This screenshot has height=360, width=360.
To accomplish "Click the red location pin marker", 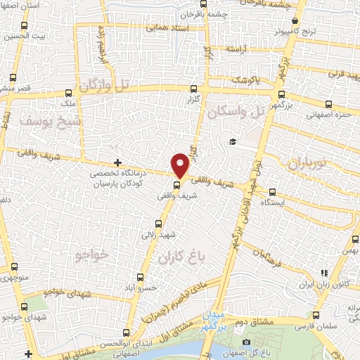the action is pos(181,165).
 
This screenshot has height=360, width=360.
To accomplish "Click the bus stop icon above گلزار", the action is pos(194,89).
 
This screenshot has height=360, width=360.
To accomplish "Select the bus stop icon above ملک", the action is pos(68,91).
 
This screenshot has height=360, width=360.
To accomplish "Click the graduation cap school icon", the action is pos(231,142).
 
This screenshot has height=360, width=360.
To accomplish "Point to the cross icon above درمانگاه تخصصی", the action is pos(117,162).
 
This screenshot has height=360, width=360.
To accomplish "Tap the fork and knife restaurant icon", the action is pos(324,273).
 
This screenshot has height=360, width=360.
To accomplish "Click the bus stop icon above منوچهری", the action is pos(14,266).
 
